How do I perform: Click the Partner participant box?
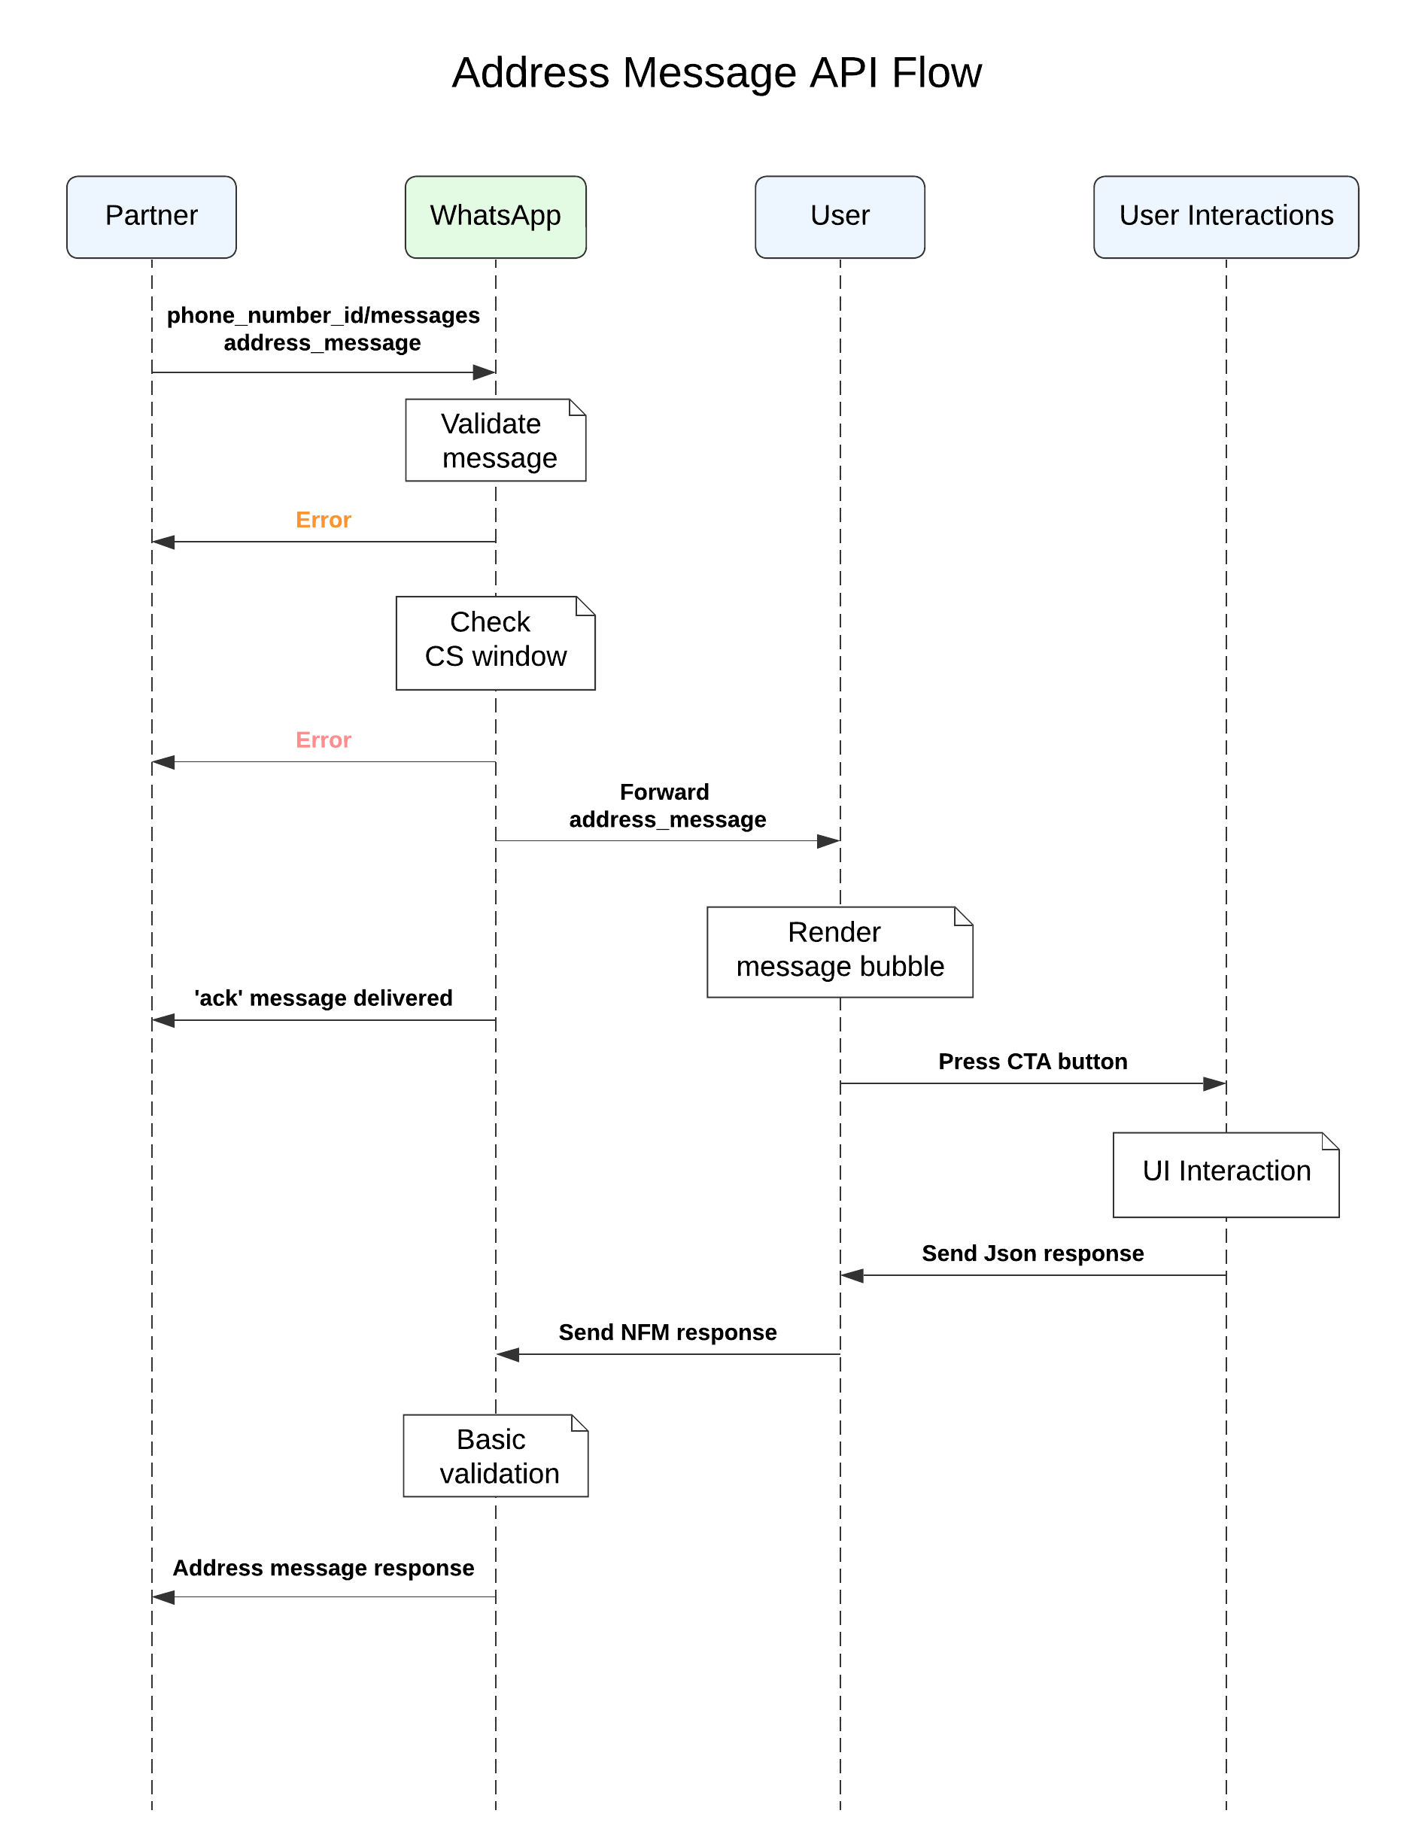click(x=151, y=217)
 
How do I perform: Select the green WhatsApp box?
click(x=496, y=217)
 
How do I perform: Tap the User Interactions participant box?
click(x=1226, y=217)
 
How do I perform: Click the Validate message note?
click(x=496, y=440)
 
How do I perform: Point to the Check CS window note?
click(x=496, y=643)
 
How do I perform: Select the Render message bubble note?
click(x=839, y=952)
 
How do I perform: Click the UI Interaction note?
click(x=1226, y=1174)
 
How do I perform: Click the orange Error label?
click(x=324, y=520)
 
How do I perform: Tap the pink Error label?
click(x=324, y=740)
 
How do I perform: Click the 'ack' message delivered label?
click(x=324, y=998)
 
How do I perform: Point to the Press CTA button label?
click(x=1032, y=1062)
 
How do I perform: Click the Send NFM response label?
click(x=668, y=1332)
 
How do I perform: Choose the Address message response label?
click(x=324, y=1568)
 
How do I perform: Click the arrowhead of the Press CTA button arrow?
click(x=1216, y=1083)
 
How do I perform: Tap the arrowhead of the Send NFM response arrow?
click(x=506, y=1354)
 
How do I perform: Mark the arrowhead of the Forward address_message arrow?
click(x=829, y=841)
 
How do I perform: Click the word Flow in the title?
click(x=936, y=74)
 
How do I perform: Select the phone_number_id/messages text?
click(x=324, y=316)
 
